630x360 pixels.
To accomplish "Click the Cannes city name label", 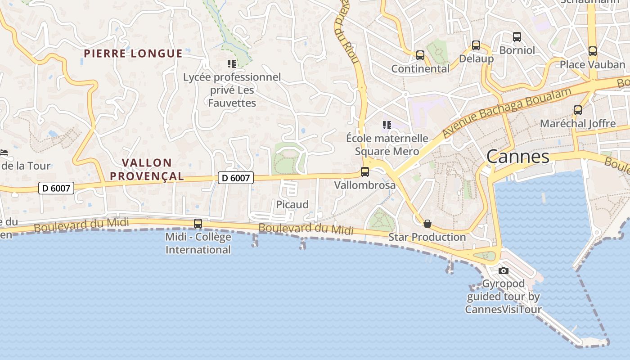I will tap(517, 157).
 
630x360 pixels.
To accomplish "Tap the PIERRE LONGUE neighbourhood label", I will tap(133, 54).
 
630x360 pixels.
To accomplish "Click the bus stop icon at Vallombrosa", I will tap(365, 172).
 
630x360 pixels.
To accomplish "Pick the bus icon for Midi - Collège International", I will tap(198, 224).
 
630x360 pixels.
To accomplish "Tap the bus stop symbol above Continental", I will tap(420, 55).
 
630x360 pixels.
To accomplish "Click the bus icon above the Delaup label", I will tap(476, 45).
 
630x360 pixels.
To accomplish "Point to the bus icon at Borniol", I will tap(517, 37).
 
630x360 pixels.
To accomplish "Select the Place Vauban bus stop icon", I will tap(593, 51).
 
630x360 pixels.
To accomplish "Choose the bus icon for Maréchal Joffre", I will tap(578, 110).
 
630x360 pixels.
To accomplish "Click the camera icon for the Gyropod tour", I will tap(504, 270).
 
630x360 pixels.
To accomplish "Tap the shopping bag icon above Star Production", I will tap(427, 224).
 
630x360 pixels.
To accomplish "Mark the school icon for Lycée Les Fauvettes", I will tap(232, 64).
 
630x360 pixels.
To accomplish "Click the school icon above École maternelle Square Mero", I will tap(387, 125).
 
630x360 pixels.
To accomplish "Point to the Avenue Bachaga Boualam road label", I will tap(507, 112).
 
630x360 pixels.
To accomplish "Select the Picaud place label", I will tap(292, 205).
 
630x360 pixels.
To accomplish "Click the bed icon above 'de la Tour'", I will tap(4, 153).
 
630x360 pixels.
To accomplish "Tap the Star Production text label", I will tap(427, 237).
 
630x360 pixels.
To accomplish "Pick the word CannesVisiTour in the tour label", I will tap(503, 310).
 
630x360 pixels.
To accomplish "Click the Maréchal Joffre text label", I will tap(578, 123).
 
